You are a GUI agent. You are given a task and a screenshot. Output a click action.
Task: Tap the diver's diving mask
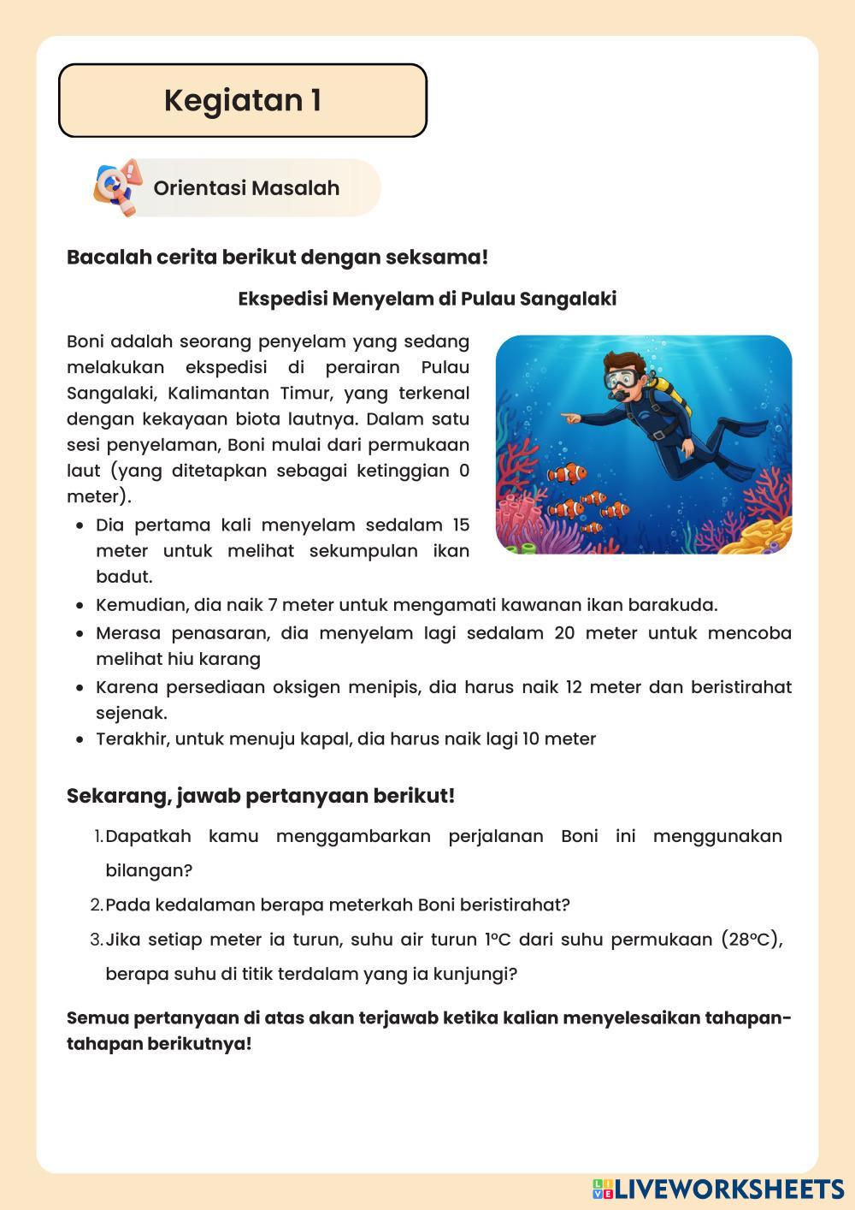[x=622, y=377]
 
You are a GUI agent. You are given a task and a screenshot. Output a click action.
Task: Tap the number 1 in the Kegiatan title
[x=315, y=100]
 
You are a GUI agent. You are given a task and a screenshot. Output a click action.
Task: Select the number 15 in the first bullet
[x=460, y=525]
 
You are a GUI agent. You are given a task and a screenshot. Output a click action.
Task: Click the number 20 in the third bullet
[x=564, y=633]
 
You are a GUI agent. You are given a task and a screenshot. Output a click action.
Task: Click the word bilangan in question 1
[x=149, y=870]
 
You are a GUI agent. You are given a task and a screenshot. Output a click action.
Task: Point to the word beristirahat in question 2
[x=515, y=905]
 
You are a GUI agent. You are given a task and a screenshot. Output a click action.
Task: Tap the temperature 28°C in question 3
[x=752, y=940]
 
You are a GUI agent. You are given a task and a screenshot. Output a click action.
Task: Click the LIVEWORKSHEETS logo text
[x=728, y=1189]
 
